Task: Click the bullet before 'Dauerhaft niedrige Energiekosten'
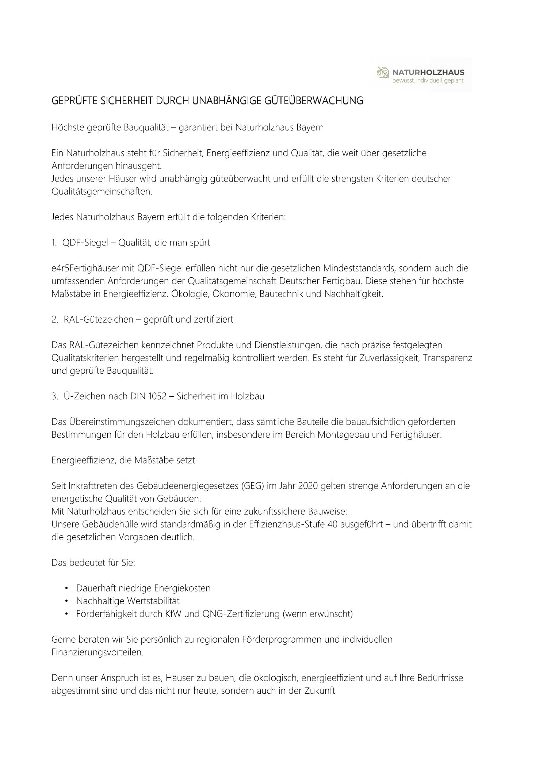coord(66,588)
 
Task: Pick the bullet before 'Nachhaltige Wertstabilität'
coord(66,601)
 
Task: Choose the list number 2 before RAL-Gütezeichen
coord(54,320)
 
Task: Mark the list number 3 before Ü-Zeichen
coord(54,396)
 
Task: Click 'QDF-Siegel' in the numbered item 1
coord(84,243)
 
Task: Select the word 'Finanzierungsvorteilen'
coord(97,652)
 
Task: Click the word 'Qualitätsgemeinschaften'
coord(101,192)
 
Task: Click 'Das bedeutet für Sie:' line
coord(93,563)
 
